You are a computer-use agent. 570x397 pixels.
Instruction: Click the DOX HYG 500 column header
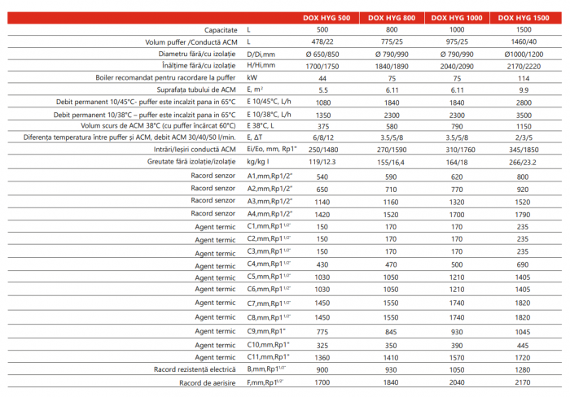[x=330, y=16]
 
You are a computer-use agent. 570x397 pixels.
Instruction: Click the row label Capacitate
[x=215, y=28]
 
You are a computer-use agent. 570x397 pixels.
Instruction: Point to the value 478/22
[x=324, y=41]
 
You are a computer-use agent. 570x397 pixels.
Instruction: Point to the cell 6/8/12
[x=324, y=138]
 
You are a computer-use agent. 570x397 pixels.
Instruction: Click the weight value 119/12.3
[x=324, y=163]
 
